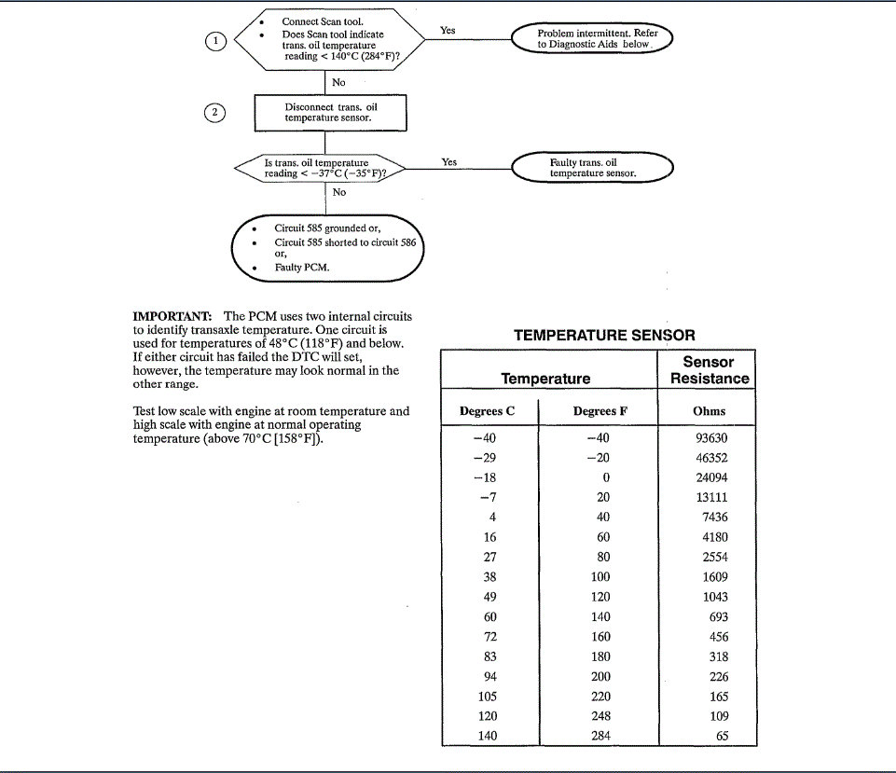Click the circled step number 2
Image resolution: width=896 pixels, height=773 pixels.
pos(214,113)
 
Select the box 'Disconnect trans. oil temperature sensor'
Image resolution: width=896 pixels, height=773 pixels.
pos(331,113)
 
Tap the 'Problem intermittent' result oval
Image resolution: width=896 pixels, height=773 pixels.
pos(592,39)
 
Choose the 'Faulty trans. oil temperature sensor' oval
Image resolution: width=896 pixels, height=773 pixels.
pos(592,168)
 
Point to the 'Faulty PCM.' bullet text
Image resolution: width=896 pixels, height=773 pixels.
pos(302,268)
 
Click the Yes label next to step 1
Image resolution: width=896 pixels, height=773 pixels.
pos(448,31)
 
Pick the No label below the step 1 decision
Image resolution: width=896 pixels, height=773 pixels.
pos(338,82)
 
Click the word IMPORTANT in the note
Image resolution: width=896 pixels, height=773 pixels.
pos(174,316)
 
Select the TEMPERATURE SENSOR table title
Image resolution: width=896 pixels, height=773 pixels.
pos(604,335)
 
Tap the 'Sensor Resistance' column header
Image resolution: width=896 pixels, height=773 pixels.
pos(709,370)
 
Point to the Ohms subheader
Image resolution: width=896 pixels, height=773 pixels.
pos(710,410)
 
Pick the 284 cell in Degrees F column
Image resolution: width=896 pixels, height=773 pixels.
pos(601,736)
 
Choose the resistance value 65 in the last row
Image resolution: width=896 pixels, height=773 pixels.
pos(719,736)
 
